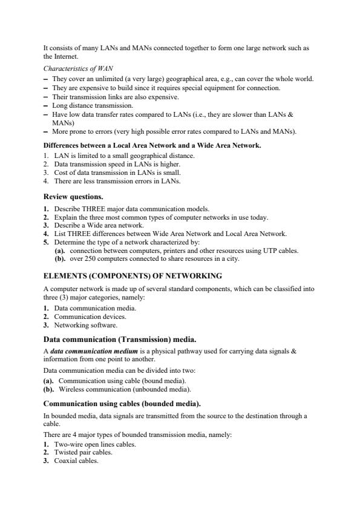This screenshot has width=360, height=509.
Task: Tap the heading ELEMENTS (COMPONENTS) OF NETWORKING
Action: (133, 276)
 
